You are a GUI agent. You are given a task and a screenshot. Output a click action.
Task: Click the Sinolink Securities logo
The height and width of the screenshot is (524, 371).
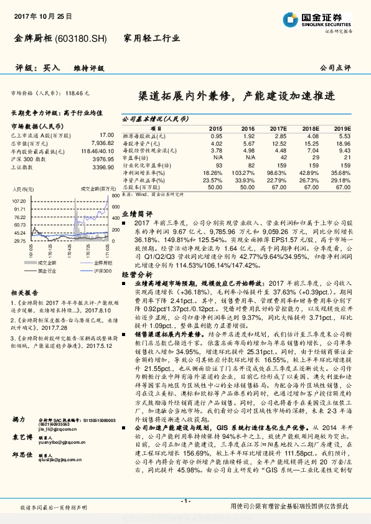click(x=317, y=19)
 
